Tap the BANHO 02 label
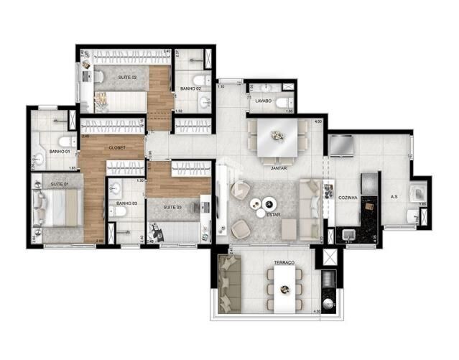coord(190,88)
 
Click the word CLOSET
coord(117,147)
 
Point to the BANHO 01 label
coord(59,151)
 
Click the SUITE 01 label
coord(60,185)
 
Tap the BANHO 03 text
coord(127,203)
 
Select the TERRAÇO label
coord(285,264)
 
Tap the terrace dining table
coord(285,287)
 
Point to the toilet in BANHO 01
coord(64,140)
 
